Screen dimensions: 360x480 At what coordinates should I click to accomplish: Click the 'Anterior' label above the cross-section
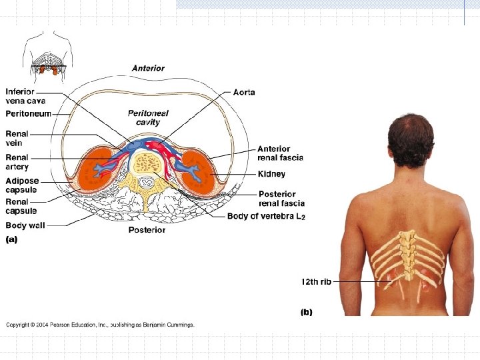[x=148, y=68]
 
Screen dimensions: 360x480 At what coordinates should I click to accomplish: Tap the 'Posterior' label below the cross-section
[x=147, y=230]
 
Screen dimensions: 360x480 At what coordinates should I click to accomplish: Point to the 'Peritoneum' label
[x=28, y=114]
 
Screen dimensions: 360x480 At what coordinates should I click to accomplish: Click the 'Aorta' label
[x=243, y=92]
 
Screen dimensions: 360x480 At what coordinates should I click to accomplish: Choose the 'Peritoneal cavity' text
[x=143, y=117]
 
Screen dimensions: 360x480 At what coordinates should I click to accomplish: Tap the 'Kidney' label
[x=271, y=174]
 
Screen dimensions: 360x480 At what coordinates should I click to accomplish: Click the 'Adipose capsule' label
[x=22, y=185]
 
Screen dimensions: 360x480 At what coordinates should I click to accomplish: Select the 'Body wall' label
[x=25, y=225]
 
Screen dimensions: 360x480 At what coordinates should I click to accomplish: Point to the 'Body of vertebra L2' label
[x=265, y=216]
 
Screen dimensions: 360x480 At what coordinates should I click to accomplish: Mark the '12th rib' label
[x=316, y=282]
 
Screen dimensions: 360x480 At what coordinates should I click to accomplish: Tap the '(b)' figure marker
[x=307, y=311]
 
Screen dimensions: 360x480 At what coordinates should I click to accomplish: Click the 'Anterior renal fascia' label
[x=280, y=153]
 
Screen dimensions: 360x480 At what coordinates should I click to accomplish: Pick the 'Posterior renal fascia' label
[x=281, y=199]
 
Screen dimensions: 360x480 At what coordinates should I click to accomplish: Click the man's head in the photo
[x=410, y=140]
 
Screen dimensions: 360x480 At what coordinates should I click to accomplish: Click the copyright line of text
[x=100, y=325]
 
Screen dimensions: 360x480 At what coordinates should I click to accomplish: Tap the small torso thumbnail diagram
[x=47, y=57]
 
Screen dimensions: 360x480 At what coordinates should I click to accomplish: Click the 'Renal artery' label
[x=17, y=162]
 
